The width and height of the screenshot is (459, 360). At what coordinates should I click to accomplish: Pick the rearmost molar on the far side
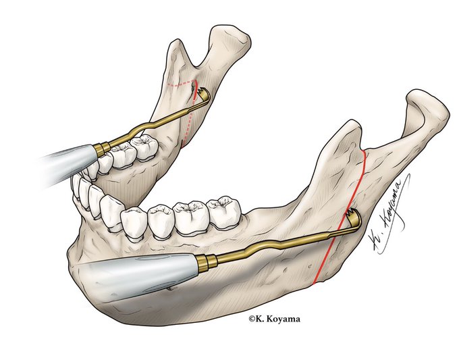point(143,146)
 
